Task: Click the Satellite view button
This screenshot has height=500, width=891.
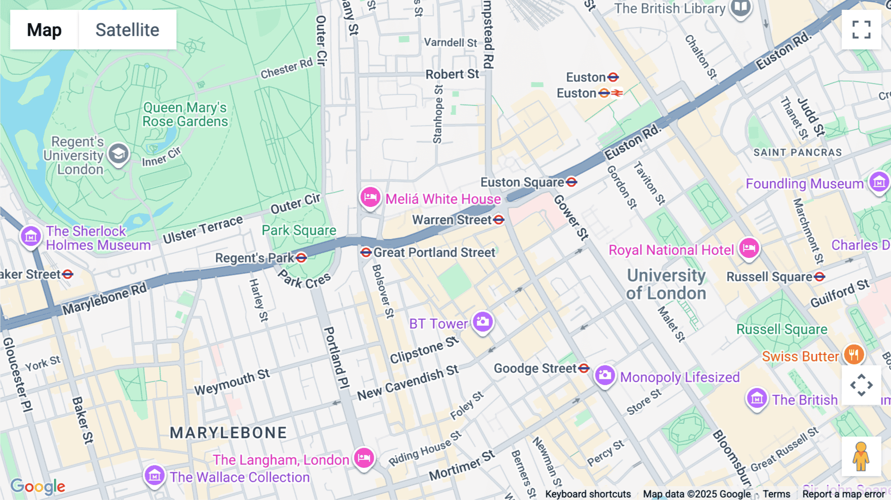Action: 127,30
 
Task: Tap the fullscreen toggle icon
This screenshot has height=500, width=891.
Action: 861,30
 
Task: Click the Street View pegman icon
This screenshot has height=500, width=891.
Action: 861,456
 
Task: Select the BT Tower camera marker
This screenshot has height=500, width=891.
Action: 482,322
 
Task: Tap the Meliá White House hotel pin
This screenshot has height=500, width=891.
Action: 370,198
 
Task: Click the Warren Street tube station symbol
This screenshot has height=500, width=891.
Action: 498,220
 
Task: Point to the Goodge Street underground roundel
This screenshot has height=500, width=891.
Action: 584,368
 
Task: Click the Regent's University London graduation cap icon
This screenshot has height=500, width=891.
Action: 118,154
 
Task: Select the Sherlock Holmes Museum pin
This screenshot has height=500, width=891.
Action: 31,236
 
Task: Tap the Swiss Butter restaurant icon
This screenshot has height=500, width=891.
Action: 853,354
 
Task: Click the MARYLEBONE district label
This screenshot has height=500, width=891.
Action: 228,433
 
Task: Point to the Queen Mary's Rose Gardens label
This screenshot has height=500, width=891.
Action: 185,114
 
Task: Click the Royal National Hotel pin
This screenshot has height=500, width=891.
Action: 748,248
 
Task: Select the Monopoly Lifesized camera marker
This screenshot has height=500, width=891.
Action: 604,375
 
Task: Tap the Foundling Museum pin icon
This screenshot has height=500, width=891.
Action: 879,182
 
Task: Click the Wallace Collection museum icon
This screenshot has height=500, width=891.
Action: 154,476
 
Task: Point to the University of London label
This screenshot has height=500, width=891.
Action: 666,284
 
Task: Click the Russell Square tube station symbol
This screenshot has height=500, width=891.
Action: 820,277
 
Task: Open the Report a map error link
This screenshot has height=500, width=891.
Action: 843,494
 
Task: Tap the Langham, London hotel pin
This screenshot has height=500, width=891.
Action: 364,457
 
